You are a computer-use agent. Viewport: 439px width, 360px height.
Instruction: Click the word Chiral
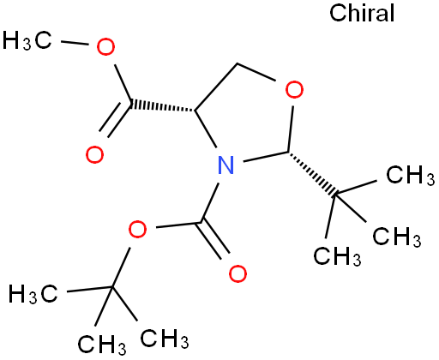tap(362, 13)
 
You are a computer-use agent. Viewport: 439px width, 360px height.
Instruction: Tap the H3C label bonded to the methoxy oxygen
tap(27, 40)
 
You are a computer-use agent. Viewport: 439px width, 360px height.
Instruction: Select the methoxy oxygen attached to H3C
tap(105, 47)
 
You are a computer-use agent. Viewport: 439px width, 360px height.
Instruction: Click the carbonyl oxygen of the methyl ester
tap(94, 154)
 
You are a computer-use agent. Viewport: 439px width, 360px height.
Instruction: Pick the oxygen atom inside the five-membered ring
tap(294, 90)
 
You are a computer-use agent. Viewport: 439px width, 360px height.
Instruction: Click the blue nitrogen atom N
tap(226, 165)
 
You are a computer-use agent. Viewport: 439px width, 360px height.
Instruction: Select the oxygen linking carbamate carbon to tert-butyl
tap(137, 230)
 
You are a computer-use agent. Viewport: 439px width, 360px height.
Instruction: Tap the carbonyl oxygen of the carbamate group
tap(238, 273)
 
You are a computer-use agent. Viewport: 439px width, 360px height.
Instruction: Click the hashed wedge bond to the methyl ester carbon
tap(162, 106)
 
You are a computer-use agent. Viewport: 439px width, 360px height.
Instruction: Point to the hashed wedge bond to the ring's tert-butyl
tap(312, 174)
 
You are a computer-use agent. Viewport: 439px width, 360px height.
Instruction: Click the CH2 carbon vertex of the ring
tap(238, 63)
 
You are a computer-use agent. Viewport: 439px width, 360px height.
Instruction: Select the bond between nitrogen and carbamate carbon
tap(210, 203)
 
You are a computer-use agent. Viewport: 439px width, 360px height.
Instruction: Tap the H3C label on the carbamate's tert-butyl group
tap(33, 293)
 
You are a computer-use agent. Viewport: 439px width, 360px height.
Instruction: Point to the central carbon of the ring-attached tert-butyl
tap(335, 195)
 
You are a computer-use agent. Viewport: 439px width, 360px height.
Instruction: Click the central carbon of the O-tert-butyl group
tap(112, 287)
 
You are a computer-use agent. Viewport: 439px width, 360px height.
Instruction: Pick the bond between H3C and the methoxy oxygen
tap(75, 43)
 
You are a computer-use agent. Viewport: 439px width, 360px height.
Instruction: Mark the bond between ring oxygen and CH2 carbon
tap(256, 72)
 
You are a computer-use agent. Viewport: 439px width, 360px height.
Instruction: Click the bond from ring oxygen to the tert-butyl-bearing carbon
tap(291, 129)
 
